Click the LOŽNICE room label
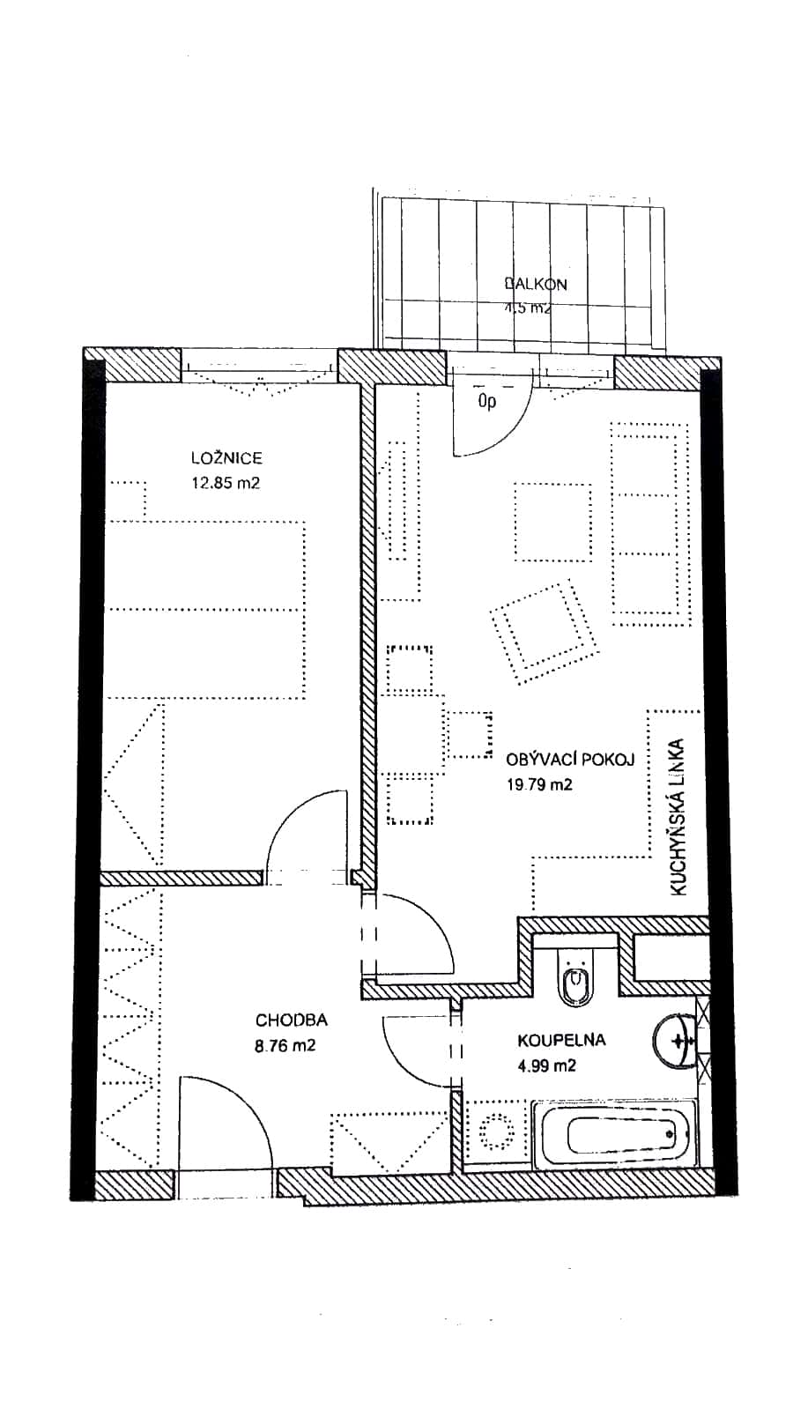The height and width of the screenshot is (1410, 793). [226, 457]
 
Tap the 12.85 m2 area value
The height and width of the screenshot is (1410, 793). [226, 483]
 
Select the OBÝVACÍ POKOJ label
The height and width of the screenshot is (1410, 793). [569, 760]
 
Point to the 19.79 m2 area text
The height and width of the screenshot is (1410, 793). [538, 784]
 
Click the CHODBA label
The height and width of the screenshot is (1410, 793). [291, 1020]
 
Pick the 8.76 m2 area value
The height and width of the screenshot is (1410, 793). [285, 1046]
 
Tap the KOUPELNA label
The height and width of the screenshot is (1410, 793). [561, 1040]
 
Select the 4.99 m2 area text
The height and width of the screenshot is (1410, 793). [546, 1065]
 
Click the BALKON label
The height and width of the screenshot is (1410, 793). [536, 284]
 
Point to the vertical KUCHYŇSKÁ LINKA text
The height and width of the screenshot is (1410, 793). [678, 817]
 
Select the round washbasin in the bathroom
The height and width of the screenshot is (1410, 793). [678, 1041]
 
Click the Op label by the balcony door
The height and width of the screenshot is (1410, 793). [486, 403]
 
